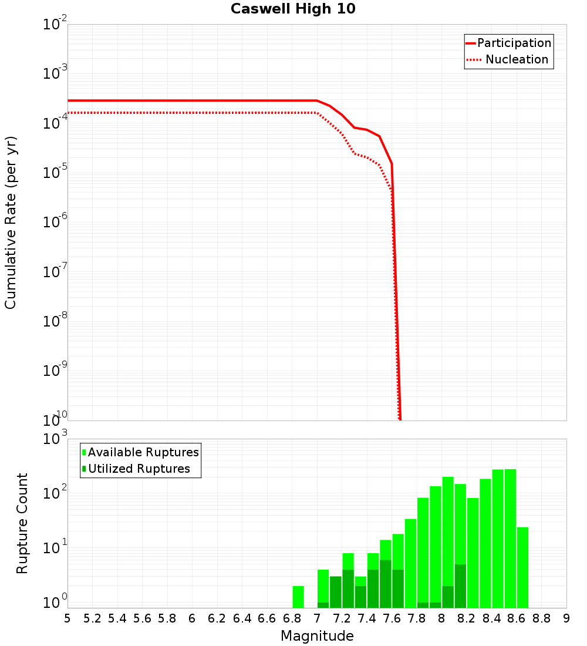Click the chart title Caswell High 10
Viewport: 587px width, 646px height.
(293, 9)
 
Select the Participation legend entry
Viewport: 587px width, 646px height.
(514, 43)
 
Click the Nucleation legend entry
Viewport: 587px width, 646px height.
(517, 59)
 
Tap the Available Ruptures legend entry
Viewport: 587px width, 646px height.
(143, 452)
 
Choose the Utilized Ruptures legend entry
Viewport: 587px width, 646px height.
(139, 469)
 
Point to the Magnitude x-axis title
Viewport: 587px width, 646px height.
(317, 635)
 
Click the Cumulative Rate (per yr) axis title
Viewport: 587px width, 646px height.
(11, 223)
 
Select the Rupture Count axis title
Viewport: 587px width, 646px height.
(22, 523)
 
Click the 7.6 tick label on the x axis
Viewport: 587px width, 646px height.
(392, 618)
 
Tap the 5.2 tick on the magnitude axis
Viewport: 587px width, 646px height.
(92, 618)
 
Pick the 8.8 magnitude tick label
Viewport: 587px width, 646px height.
(542, 618)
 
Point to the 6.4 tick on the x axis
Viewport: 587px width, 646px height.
(242, 618)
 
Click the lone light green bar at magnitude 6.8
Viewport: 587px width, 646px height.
(298, 597)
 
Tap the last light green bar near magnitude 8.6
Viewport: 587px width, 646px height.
(523, 567)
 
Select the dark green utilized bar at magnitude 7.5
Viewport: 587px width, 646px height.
(386, 584)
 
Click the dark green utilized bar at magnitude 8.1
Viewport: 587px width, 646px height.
(460, 586)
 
